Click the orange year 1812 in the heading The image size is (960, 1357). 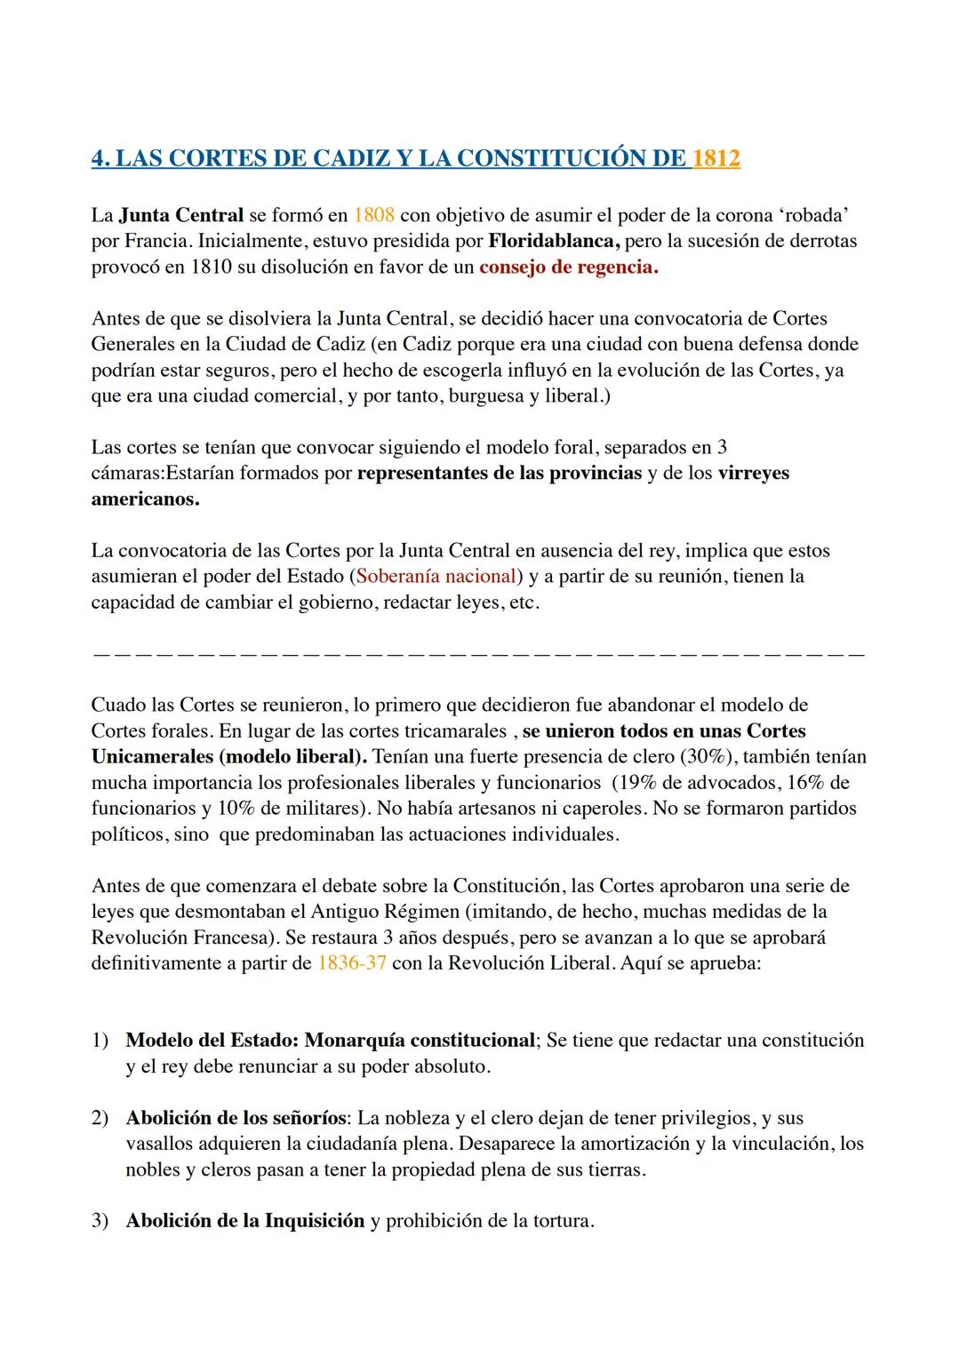pos(716,159)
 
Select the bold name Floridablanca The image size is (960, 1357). pos(555,241)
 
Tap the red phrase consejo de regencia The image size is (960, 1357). pos(568,267)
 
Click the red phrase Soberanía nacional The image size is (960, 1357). pos(436,576)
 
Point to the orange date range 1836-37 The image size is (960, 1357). pos(351,963)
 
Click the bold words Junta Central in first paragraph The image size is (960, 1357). pos(180,215)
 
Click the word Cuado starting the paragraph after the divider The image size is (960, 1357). pos(117,706)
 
